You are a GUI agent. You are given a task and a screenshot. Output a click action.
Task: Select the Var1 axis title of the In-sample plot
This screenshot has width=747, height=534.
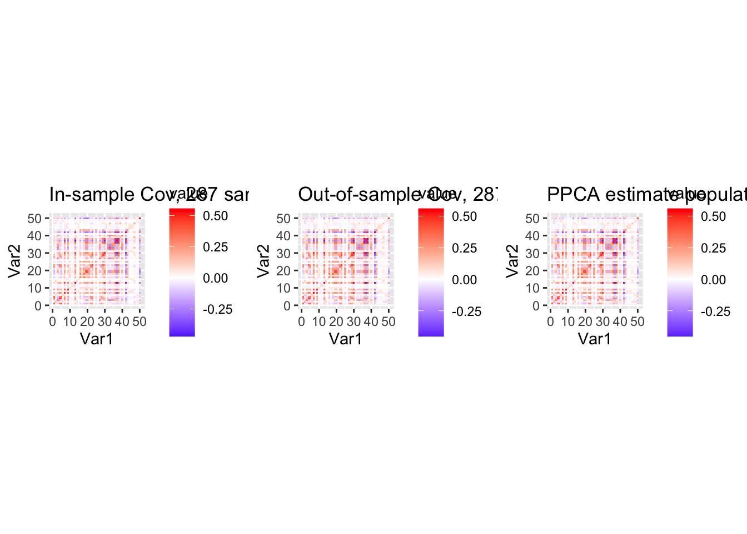coord(97,339)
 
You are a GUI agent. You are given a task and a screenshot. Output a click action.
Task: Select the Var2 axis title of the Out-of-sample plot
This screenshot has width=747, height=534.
coord(263,261)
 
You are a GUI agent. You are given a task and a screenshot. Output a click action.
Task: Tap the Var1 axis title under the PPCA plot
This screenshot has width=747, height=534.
coord(595,339)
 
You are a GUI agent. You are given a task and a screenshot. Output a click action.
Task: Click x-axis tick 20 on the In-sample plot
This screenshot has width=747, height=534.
coord(87,322)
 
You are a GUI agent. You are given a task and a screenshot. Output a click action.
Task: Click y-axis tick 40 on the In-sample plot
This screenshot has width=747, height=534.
coord(34,236)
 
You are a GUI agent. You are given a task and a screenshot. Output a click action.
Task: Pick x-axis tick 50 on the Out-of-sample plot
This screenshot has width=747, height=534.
coord(389,322)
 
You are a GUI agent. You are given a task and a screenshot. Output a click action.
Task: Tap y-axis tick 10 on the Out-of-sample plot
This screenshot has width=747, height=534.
coord(283,288)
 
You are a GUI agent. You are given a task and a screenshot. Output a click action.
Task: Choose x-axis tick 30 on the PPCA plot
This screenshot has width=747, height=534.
coord(602,322)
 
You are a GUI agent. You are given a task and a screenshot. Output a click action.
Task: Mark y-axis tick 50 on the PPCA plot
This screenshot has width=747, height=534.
coord(532,219)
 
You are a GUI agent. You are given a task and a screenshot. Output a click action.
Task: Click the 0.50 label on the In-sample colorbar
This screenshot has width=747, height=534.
coord(215,216)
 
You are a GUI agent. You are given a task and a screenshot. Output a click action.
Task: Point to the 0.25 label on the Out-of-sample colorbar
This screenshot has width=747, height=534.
coord(465,248)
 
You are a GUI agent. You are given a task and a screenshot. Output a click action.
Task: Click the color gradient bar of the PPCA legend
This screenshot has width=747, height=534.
coord(680,272)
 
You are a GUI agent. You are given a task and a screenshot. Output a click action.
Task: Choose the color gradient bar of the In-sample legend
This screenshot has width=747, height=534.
coord(182,272)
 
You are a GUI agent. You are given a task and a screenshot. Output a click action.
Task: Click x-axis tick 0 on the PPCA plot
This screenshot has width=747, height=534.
coord(550,322)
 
